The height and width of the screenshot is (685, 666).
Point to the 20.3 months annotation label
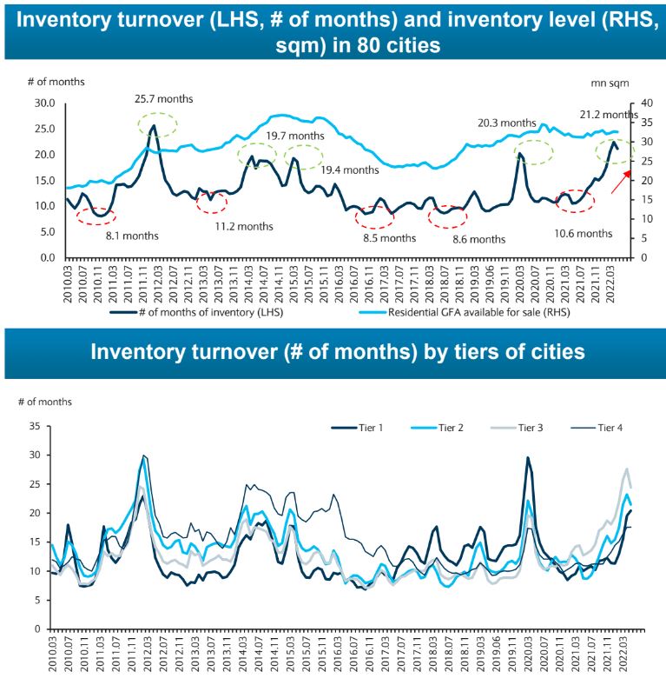click(x=506, y=123)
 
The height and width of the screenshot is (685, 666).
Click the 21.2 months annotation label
click(x=608, y=115)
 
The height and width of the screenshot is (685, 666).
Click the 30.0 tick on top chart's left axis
click(x=41, y=103)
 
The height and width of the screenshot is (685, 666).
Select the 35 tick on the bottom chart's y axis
click(x=35, y=426)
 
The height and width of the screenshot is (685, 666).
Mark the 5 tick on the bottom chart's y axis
click(x=37, y=600)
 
